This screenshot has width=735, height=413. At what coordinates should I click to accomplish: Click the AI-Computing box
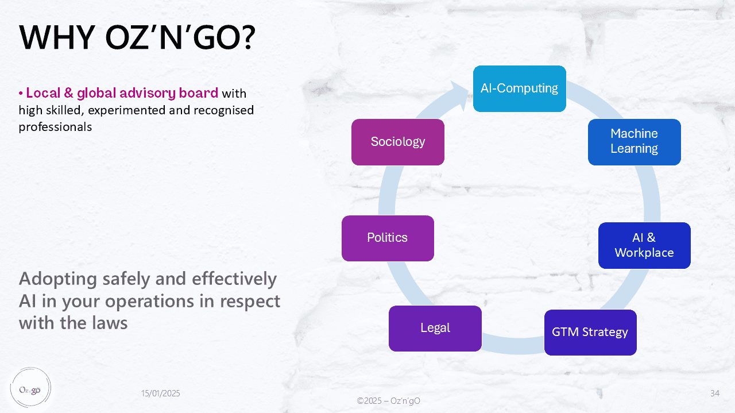click(519, 88)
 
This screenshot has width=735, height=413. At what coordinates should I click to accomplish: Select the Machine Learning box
click(634, 141)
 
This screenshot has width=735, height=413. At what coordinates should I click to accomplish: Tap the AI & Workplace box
click(644, 245)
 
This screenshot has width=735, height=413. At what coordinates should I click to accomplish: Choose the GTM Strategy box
click(590, 332)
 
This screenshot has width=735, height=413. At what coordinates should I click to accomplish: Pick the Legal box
click(435, 328)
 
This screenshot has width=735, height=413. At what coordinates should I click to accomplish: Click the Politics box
click(387, 238)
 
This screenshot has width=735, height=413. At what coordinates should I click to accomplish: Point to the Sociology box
click(397, 142)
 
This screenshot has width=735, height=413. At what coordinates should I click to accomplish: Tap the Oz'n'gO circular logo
click(30, 388)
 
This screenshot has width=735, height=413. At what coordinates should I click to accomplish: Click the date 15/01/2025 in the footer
click(161, 393)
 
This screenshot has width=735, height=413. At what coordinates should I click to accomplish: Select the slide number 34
click(715, 393)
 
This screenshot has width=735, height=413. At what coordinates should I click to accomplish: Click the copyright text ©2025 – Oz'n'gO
click(388, 400)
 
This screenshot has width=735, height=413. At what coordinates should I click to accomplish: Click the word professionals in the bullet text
click(55, 127)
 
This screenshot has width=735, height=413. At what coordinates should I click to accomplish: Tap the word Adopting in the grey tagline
click(57, 280)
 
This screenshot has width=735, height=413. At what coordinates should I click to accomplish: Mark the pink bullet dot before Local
click(21, 94)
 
